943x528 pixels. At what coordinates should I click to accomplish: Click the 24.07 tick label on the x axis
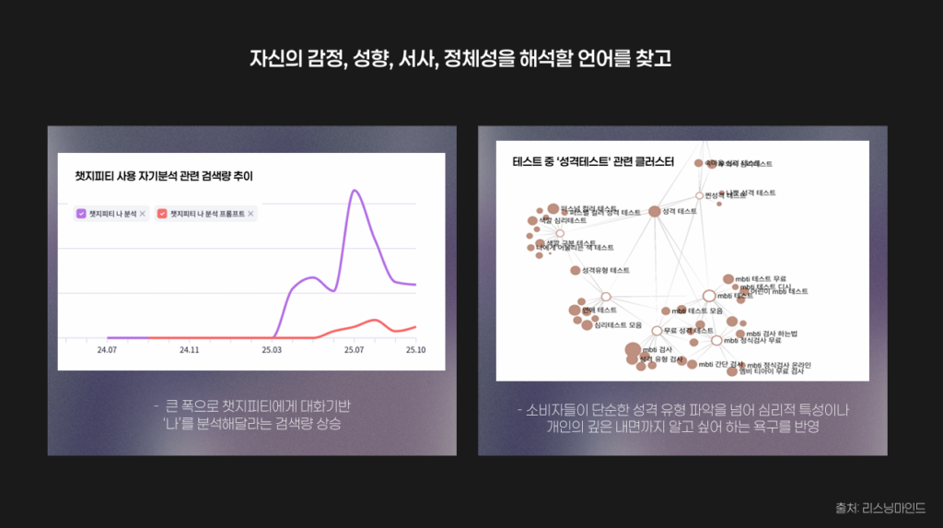107,350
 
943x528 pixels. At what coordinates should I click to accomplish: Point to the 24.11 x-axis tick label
189,350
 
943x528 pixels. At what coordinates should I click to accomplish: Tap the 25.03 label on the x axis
272,350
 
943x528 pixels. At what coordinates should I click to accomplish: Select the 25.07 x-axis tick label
355,350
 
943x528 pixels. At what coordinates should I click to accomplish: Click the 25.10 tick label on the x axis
416,350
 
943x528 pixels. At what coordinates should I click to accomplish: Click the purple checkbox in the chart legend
81,214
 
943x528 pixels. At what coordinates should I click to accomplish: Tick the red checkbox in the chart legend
163,214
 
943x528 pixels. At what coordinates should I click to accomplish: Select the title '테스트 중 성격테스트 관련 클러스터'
592,161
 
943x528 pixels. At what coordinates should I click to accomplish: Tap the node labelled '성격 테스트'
655,212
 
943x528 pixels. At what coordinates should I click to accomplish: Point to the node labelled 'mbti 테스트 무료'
728,278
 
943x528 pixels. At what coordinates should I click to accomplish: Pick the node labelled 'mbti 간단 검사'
693,364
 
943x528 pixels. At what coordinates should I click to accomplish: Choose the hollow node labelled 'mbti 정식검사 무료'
716,341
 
